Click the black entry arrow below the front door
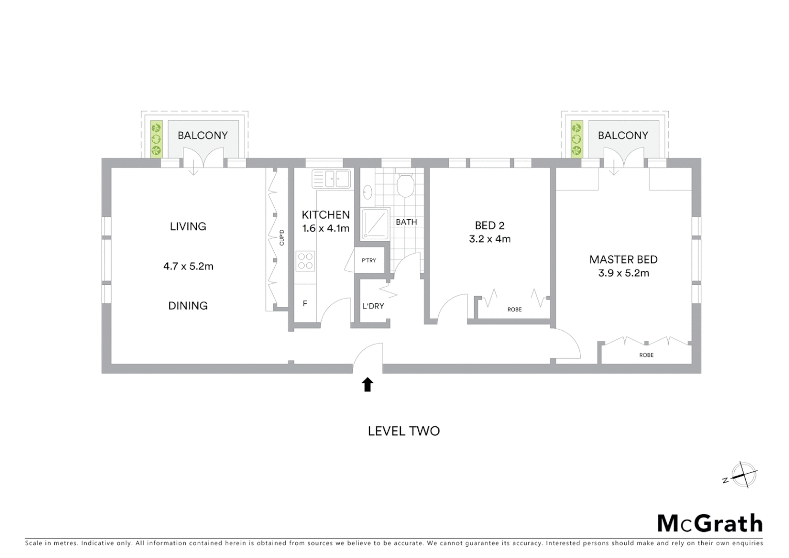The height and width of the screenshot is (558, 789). coord(367,384)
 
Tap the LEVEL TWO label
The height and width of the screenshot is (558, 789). coord(403,431)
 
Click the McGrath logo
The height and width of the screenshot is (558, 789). coord(709,523)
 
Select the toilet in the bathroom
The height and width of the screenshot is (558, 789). coord(404,185)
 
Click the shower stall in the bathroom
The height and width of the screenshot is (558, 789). coord(375,224)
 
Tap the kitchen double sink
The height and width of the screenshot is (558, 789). coord(331,179)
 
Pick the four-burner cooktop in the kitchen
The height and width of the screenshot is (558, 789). coord(305,260)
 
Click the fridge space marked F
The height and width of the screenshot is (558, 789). coord(305,304)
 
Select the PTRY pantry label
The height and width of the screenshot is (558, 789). coord(369,260)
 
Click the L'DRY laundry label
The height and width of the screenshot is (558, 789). coord(373,306)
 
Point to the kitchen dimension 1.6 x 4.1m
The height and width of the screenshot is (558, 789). coord(326,228)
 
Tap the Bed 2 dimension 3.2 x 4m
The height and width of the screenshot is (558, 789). coord(490,239)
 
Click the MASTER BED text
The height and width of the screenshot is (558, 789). coord(623,259)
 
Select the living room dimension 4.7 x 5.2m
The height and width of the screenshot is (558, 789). coord(188,267)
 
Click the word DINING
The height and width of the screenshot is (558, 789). coord(188,306)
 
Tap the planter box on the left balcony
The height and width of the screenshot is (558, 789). coord(156,138)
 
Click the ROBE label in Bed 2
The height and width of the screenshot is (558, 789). coord(514,309)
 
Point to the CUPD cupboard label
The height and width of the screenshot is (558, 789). coord(281,237)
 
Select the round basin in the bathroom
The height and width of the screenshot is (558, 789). coord(367,192)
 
